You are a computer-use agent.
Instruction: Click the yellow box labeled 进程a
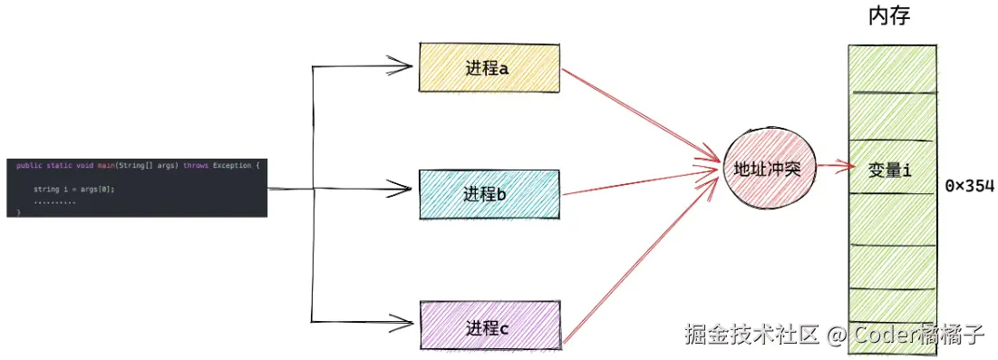click(490, 67)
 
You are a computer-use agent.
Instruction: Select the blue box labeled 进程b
click(490, 193)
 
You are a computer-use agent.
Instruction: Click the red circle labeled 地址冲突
click(767, 169)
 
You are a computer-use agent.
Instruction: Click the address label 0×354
click(969, 186)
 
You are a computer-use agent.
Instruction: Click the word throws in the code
click(195, 166)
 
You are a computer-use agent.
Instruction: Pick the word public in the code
click(28, 166)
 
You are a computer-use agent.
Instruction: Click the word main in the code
click(107, 166)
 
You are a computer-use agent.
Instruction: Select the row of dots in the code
click(54, 200)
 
